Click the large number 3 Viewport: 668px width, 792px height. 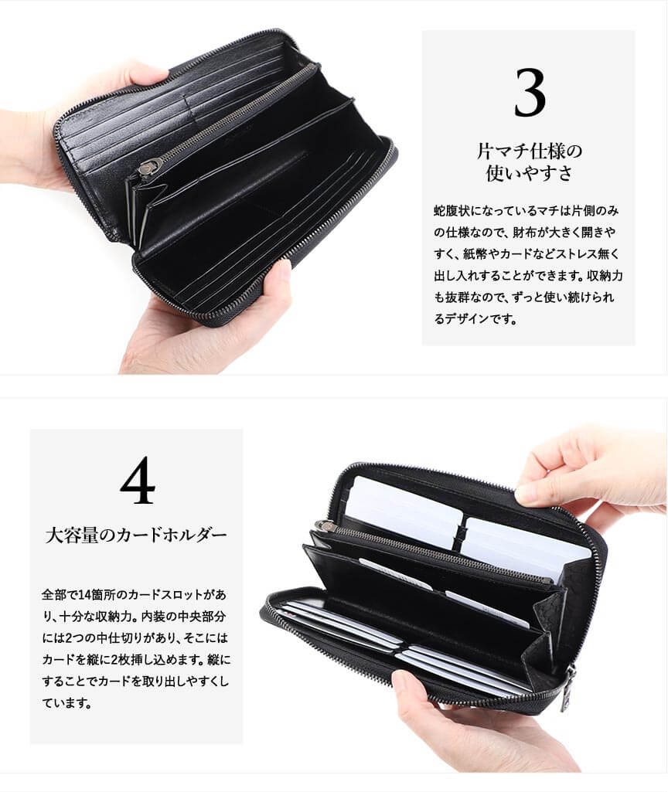(x=530, y=93)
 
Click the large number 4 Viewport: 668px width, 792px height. (x=138, y=480)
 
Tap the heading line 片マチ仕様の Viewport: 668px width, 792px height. (x=529, y=151)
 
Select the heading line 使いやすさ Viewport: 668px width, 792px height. (x=529, y=173)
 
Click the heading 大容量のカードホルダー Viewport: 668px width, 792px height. (x=136, y=535)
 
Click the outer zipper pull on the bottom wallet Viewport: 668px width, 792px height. (x=570, y=688)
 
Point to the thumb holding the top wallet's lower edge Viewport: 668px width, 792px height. (x=275, y=281)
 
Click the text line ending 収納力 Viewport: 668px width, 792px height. (x=528, y=276)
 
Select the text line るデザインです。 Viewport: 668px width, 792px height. (x=475, y=318)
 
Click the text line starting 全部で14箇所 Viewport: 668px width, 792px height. (x=134, y=594)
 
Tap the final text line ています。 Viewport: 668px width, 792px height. (x=66, y=703)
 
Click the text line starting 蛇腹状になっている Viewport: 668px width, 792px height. (x=526, y=211)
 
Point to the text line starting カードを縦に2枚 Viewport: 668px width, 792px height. (x=136, y=660)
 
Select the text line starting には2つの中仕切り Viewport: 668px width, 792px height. (x=135, y=638)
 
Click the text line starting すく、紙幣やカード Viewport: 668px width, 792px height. (x=526, y=254)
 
